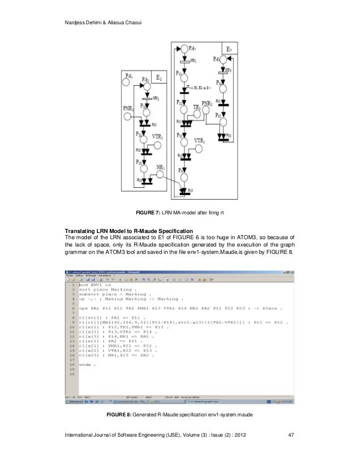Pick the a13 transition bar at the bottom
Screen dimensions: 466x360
tap(182, 190)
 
